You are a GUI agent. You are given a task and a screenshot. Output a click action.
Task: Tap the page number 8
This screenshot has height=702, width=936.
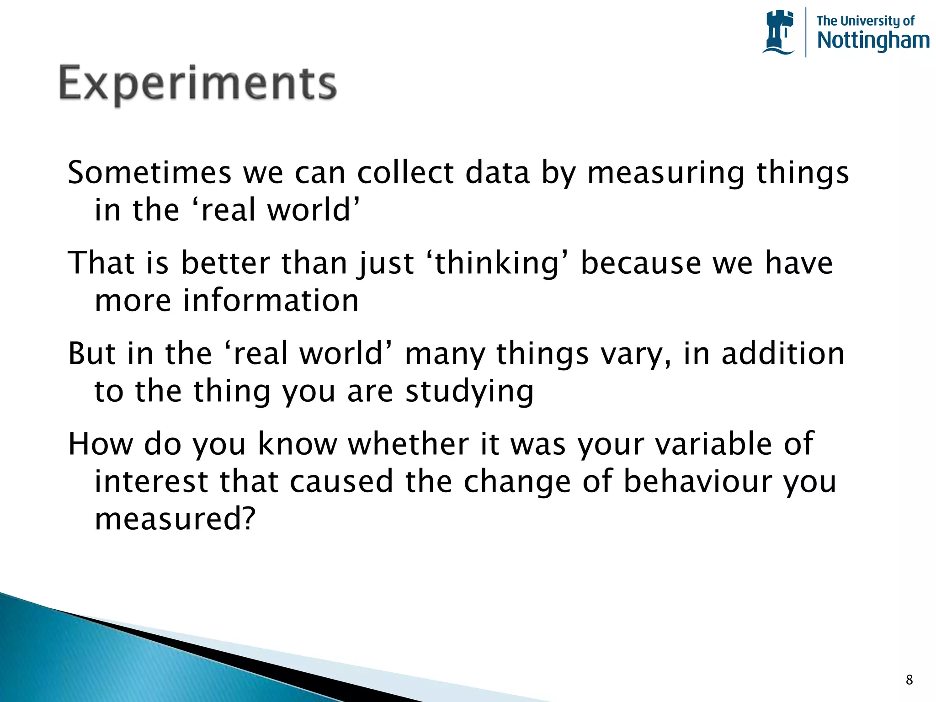point(909,680)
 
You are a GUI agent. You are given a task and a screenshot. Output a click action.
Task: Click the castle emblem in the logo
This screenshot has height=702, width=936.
point(779,32)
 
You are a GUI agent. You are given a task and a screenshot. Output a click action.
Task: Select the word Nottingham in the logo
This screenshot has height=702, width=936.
point(873,41)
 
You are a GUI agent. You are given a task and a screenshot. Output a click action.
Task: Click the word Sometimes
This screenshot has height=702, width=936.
point(149,173)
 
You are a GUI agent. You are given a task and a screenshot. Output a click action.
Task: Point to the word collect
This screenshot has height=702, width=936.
point(405,173)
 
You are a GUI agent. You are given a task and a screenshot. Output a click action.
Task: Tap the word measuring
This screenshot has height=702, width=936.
point(666,174)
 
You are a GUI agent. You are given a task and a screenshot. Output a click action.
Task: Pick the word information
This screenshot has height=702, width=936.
point(271,301)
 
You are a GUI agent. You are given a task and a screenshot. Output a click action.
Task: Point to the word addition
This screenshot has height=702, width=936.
point(782,354)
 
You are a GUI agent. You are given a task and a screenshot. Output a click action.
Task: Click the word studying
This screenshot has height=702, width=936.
point(469,392)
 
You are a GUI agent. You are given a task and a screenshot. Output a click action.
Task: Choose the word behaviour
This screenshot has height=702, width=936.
point(697,481)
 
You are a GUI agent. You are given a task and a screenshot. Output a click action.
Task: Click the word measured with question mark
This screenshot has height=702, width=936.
point(175,519)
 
